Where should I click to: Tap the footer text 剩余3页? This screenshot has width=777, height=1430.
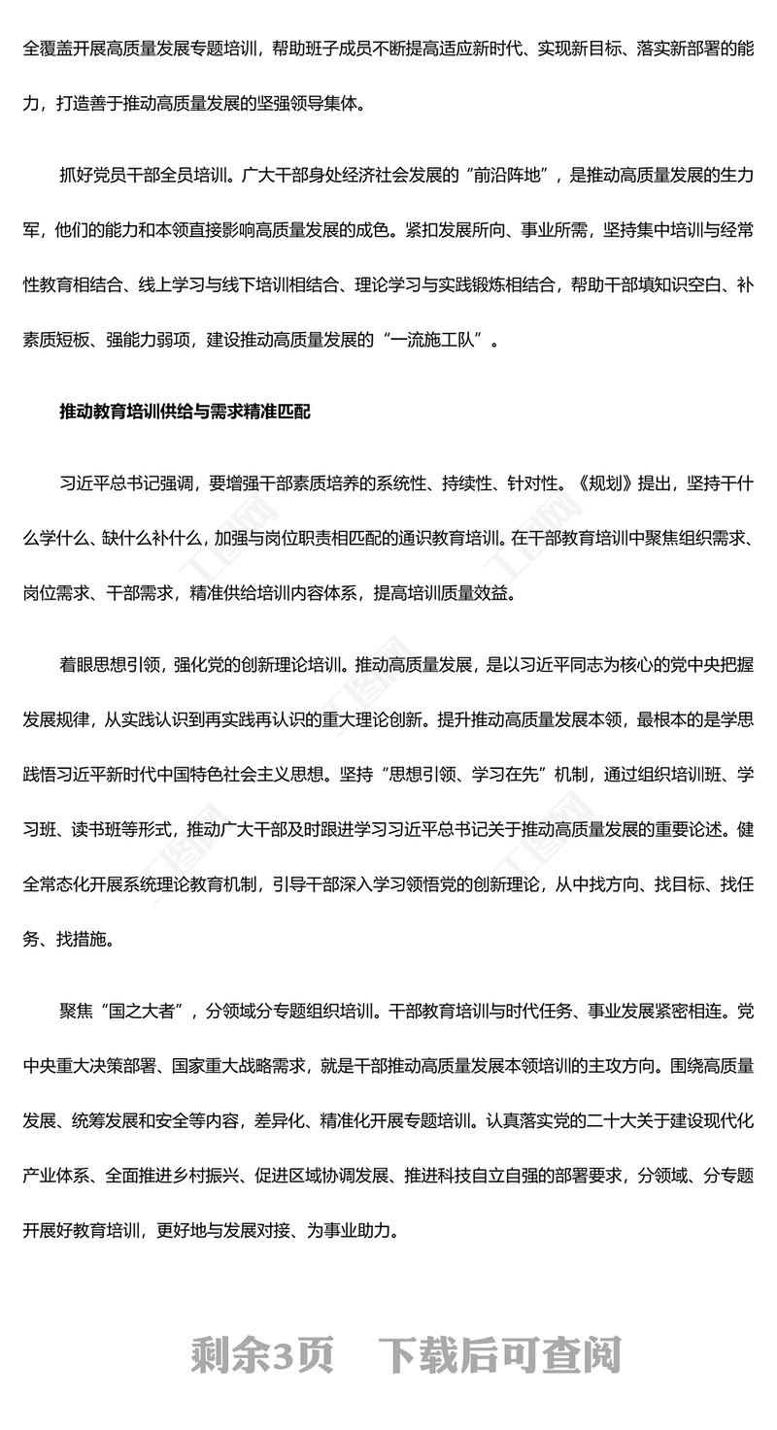click(262, 1355)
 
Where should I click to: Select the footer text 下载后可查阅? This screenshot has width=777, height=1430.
click(500, 1355)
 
